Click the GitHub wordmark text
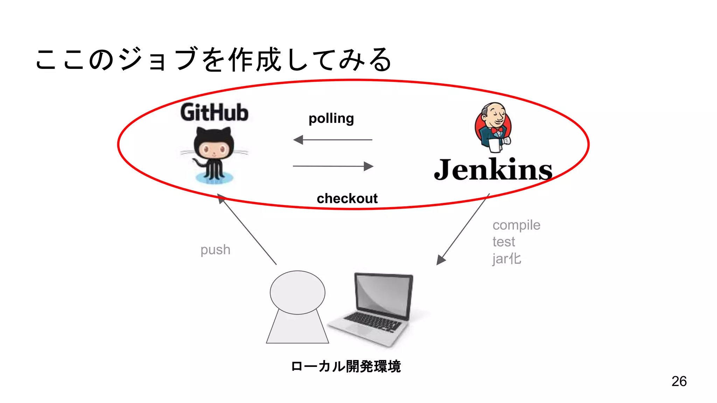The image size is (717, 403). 214,113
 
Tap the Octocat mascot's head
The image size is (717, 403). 214,147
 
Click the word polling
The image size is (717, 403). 331,119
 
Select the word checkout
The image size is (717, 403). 347,199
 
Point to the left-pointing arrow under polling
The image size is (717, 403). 333,140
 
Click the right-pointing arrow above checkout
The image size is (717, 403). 333,166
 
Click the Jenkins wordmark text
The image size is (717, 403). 493,170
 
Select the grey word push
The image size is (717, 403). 215,250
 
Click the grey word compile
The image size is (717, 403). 516,225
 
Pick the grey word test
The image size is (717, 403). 503,242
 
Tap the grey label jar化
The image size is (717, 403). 507,259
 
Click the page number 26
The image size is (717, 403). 679,381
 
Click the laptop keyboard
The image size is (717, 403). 372,321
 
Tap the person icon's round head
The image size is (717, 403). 297,292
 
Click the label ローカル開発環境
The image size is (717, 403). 346,366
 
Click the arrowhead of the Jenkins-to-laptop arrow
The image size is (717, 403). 440,260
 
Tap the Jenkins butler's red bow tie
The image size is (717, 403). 497,130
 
